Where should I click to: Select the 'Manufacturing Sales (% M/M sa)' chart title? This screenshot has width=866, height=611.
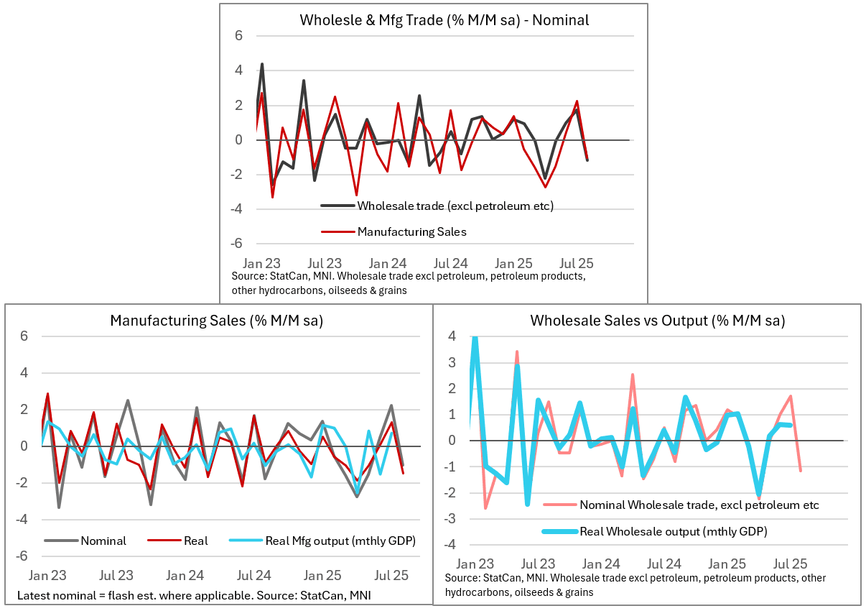(x=216, y=321)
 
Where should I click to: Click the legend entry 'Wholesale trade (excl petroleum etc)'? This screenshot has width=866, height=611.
(x=455, y=206)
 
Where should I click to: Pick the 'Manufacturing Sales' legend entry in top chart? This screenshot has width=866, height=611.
(x=412, y=231)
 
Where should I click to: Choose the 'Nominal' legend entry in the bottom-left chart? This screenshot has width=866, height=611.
(x=103, y=541)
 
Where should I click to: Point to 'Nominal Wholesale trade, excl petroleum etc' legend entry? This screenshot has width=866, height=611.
(x=699, y=505)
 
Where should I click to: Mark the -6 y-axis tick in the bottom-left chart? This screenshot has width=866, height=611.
(x=23, y=556)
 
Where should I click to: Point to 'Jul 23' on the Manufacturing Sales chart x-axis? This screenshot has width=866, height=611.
(x=116, y=575)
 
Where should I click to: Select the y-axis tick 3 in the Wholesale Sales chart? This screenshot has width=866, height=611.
(x=452, y=362)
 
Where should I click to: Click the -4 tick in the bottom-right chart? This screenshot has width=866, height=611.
(x=450, y=544)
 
